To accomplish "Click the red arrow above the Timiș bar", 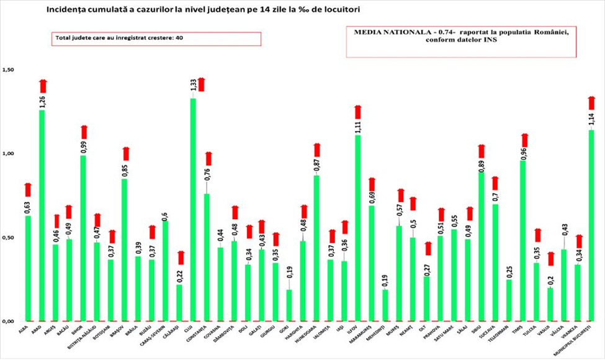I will [523, 140].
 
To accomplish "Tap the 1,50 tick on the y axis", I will [8, 70].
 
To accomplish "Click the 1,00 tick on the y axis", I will [8, 153].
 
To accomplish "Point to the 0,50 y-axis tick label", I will [8, 238].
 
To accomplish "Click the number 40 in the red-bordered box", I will [179, 38].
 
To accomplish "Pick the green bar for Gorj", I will [289, 305].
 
